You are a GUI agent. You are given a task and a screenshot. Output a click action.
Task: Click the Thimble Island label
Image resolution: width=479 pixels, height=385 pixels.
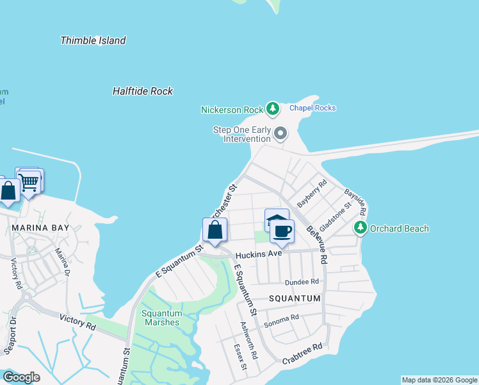93,40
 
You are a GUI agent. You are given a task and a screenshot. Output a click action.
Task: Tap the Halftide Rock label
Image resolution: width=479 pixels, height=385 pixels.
142,91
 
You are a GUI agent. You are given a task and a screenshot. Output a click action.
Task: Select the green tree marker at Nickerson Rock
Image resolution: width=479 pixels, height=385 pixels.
273,108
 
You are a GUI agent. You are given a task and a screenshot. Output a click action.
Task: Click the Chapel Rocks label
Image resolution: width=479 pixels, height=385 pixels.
313,108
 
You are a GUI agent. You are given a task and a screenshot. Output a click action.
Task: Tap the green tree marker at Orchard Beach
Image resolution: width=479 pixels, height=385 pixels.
361,228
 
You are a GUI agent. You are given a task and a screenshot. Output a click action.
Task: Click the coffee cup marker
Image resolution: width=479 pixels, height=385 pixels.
282,231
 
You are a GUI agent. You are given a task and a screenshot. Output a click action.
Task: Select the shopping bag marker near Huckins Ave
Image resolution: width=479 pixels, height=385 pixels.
215,230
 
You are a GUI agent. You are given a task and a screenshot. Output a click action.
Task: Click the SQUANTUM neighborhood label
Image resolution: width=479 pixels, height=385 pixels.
295,298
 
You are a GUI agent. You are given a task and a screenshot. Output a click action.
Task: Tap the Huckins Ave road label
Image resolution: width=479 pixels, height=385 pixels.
259,254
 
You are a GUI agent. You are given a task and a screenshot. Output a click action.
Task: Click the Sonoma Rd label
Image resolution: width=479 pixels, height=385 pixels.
282,318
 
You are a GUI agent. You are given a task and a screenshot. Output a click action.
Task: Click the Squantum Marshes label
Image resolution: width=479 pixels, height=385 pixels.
162,318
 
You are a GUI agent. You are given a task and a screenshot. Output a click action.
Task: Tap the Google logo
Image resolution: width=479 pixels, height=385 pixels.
21,377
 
